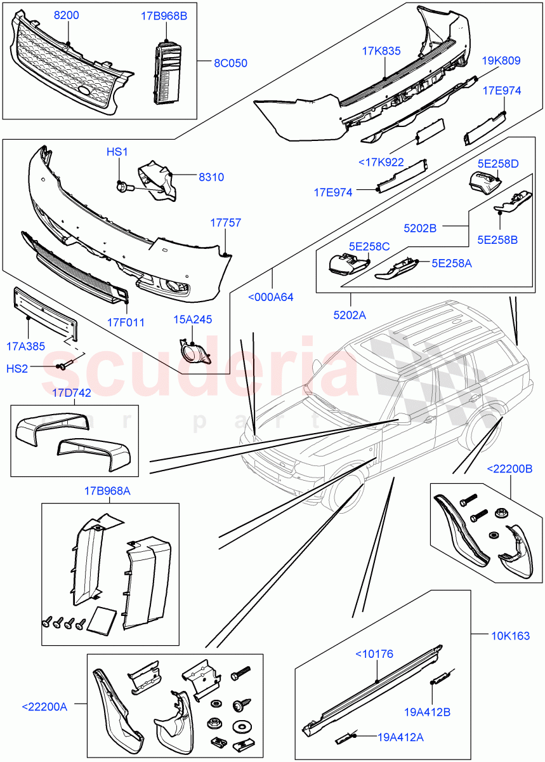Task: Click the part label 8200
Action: pos(66,15)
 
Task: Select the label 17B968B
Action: pos(164,15)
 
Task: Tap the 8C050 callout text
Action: pos(230,63)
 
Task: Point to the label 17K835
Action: pos(381,51)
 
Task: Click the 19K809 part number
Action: pos(501,61)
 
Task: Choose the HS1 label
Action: pos(117,152)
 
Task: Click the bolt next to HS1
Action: pos(122,187)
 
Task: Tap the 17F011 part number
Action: pos(125,322)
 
